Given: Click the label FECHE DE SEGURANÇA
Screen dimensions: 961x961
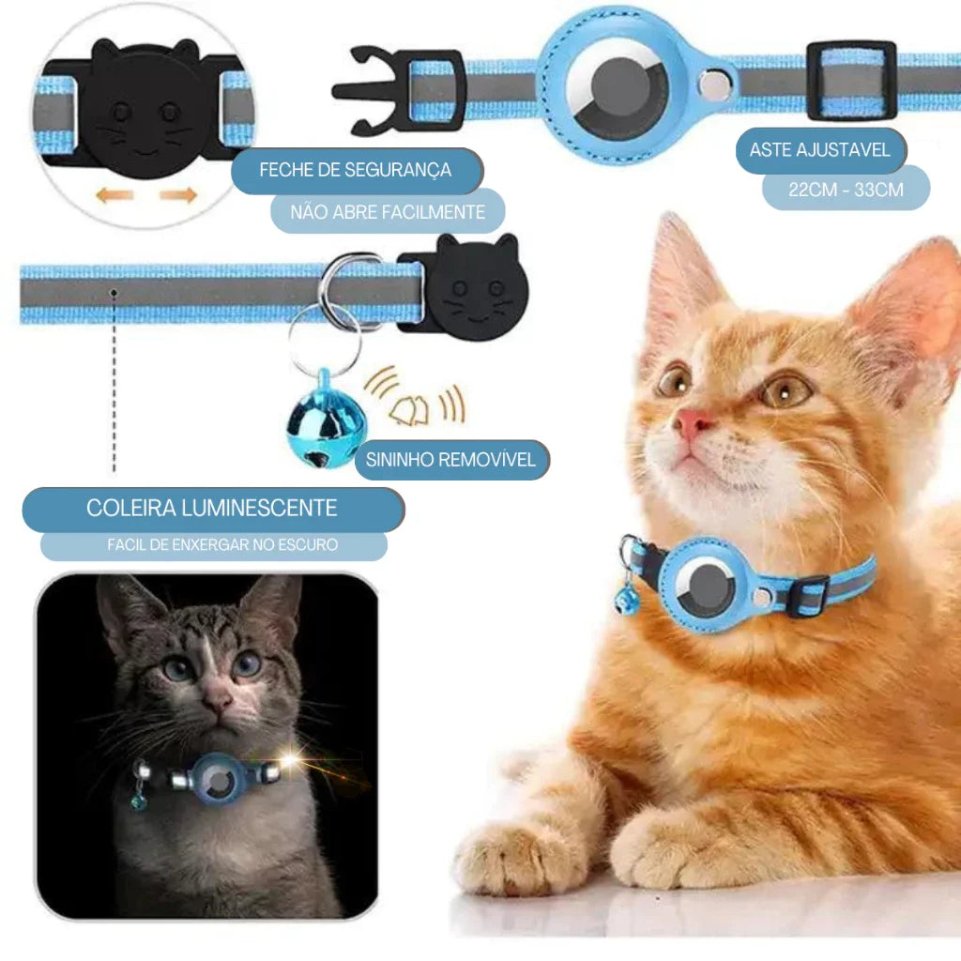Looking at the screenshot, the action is click(356, 170).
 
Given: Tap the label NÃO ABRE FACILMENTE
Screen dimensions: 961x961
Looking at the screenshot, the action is click(388, 212).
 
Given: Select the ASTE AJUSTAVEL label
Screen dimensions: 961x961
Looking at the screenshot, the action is click(819, 149).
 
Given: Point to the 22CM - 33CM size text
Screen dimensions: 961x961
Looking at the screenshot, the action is click(846, 190).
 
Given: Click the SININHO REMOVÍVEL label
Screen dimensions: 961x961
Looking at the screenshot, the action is click(450, 460).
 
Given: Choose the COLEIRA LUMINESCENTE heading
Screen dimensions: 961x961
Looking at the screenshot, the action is click(211, 508).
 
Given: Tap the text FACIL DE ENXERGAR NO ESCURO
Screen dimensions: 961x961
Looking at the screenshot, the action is click(222, 544).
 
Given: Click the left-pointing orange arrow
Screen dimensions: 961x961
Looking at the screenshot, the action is click(114, 195).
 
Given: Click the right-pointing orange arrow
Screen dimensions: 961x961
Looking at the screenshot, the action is click(178, 195).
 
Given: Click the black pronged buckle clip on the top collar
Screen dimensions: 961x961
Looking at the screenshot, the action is click(398, 90).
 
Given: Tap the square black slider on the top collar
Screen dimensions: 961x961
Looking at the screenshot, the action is click(852, 81).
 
